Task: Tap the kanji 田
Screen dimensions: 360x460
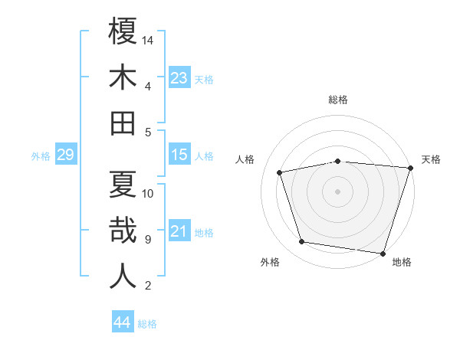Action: pos(123,123)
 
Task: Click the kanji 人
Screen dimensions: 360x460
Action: pos(123,277)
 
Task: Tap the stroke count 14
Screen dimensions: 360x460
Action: pos(149,40)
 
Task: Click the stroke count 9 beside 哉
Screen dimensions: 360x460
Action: pos(147,240)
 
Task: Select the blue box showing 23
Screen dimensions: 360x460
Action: pos(179,77)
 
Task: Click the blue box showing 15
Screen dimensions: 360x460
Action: pos(179,155)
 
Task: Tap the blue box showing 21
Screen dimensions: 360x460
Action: pos(179,231)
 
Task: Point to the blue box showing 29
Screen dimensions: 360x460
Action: pos(65,155)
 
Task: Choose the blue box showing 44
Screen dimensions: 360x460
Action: pos(122,322)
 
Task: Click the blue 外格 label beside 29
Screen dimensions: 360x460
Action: pos(41,156)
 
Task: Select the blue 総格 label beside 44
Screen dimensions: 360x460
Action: pos(147,324)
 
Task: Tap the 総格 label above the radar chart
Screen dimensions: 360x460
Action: pos(338,100)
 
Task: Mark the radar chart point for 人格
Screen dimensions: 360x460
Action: pos(280,172)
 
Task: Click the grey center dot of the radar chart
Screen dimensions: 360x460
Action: pos(338,191)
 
